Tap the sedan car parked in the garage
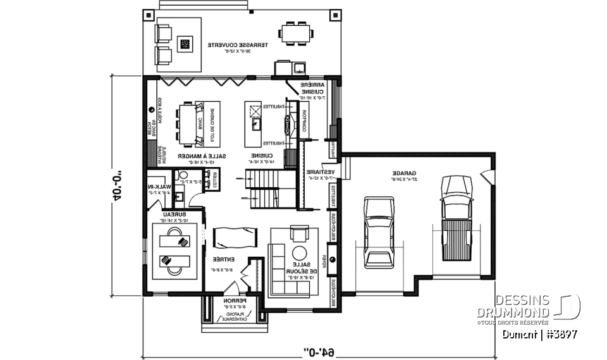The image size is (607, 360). tap(379, 232)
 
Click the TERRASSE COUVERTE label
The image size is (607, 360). tap(238, 46)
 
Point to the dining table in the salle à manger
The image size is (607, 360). tap(190, 123)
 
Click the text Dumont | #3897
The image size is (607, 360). tap(539, 334)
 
